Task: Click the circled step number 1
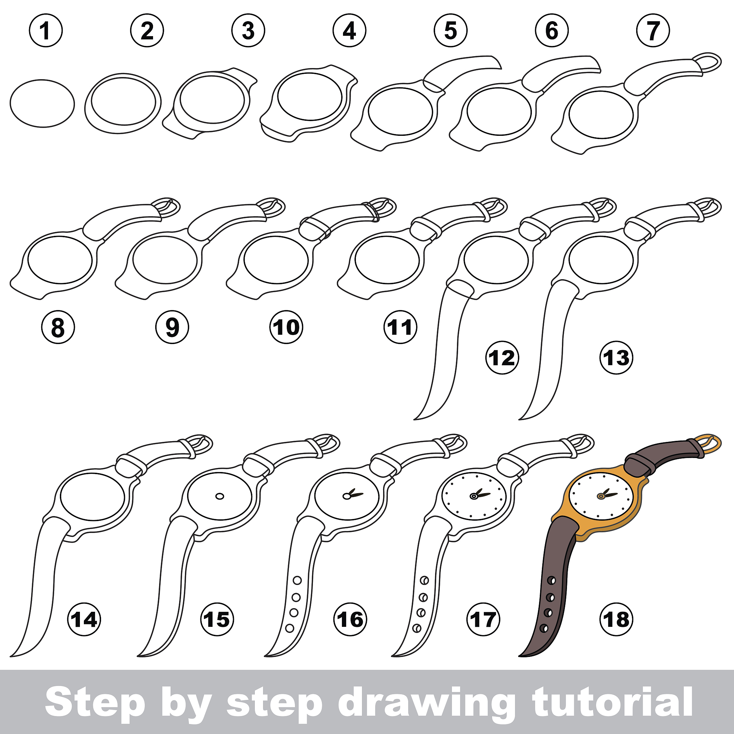(x=46, y=30)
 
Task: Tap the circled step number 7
(x=653, y=30)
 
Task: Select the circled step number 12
(x=502, y=357)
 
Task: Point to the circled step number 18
(x=616, y=620)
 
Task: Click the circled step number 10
(x=286, y=327)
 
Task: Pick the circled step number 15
(x=217, y=620)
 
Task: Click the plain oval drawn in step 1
(x=42, y=103)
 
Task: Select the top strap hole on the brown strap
(x=551, y=580)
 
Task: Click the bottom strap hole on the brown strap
(x=544, y=628)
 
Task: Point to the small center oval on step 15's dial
(x=220, y=496)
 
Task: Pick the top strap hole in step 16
(x=297, y=580)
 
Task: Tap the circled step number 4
(x=349, y=30)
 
